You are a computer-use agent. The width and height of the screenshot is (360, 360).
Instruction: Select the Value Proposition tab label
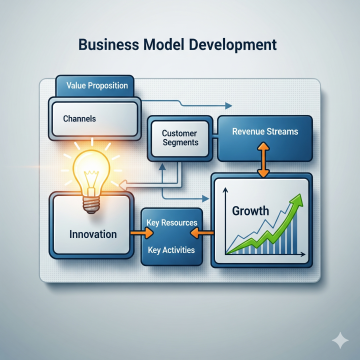pyautogui.click(x=97, y=85)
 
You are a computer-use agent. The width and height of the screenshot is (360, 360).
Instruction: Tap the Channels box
pyautogui.click(x=95, y=119)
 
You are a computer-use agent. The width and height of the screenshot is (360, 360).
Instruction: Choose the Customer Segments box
pyautogui.click(x=180, y=138)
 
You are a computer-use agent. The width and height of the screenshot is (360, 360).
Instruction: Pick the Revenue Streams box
pyautogui.click(x=265, y=138)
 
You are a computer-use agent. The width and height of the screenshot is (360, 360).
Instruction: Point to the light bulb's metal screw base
pyautogui.click(x=91, y=205)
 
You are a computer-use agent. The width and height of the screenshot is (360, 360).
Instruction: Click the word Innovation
pyautogui.click(x=93, y=234)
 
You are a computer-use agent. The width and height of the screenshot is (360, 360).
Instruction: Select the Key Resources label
pyautogui.click(x=172, y=223)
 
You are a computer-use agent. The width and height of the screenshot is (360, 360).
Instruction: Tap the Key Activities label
pyautogui.click(x=171, y=250)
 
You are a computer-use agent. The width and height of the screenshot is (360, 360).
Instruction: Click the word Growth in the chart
pyautogui.click(x=250, y=211)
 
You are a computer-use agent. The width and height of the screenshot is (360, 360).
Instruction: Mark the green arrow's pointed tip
pyautogui.click(x=301, y=194)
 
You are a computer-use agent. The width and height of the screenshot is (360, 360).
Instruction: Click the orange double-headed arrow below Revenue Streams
pyautogui.click(x=263, y=159)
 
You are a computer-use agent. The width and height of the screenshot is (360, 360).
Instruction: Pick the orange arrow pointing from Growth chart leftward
pyautogui.click(x=202, y=234)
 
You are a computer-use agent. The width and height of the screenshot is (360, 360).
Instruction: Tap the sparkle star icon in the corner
pyautogui.click(x=340, y=340)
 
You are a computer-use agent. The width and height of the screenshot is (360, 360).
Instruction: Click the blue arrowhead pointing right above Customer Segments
pyautogui.click(x=228, y=106)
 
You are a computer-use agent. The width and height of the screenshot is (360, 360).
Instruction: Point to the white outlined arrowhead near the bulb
pyautogui.click(x=123, y=184)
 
